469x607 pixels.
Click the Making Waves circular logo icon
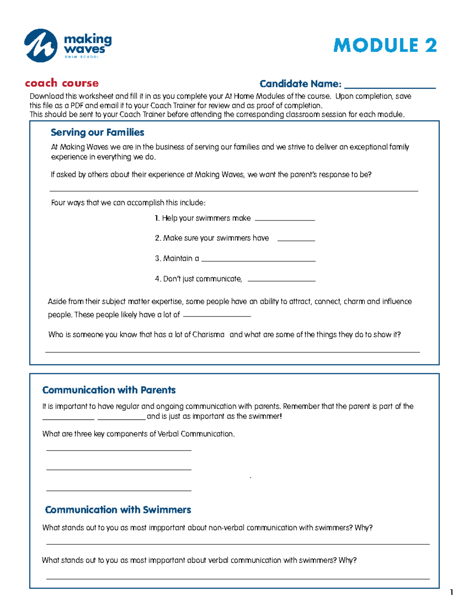[x=41, y=45]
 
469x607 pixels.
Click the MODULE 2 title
[x=385, y=45]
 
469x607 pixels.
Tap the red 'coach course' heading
[x=62, y=83]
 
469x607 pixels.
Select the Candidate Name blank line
[x=390, y=86]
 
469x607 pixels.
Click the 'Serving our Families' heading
[x=97, y=133]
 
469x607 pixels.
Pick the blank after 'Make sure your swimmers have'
[x=296, y=239]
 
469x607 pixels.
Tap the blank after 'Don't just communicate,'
[x=281, y=279]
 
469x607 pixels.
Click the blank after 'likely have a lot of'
[x=217, y=315]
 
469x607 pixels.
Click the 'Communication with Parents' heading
[x=109, y=390]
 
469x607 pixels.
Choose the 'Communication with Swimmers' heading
[x=118, y=510]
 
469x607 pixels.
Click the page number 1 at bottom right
[x=451, y=592]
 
